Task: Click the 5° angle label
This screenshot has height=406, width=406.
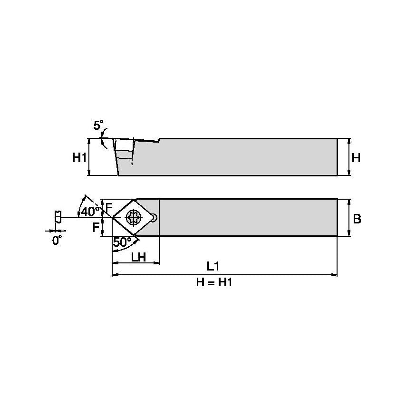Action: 98,126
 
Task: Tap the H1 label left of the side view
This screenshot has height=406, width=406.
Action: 79,157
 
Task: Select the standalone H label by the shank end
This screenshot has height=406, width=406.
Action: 356,157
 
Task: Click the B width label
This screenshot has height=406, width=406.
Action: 357,218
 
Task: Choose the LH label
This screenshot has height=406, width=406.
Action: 138,257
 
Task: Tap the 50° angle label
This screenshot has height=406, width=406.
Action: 122,242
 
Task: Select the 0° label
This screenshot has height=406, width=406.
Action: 57,240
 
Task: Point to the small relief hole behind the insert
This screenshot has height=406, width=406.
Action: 154,218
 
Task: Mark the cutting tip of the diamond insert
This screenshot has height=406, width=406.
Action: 113,218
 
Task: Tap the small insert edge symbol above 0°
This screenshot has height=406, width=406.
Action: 58,217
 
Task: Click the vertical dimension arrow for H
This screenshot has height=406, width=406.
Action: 349,157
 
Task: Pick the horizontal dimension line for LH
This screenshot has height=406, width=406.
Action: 135,263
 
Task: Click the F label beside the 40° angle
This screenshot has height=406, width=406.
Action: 109,208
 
